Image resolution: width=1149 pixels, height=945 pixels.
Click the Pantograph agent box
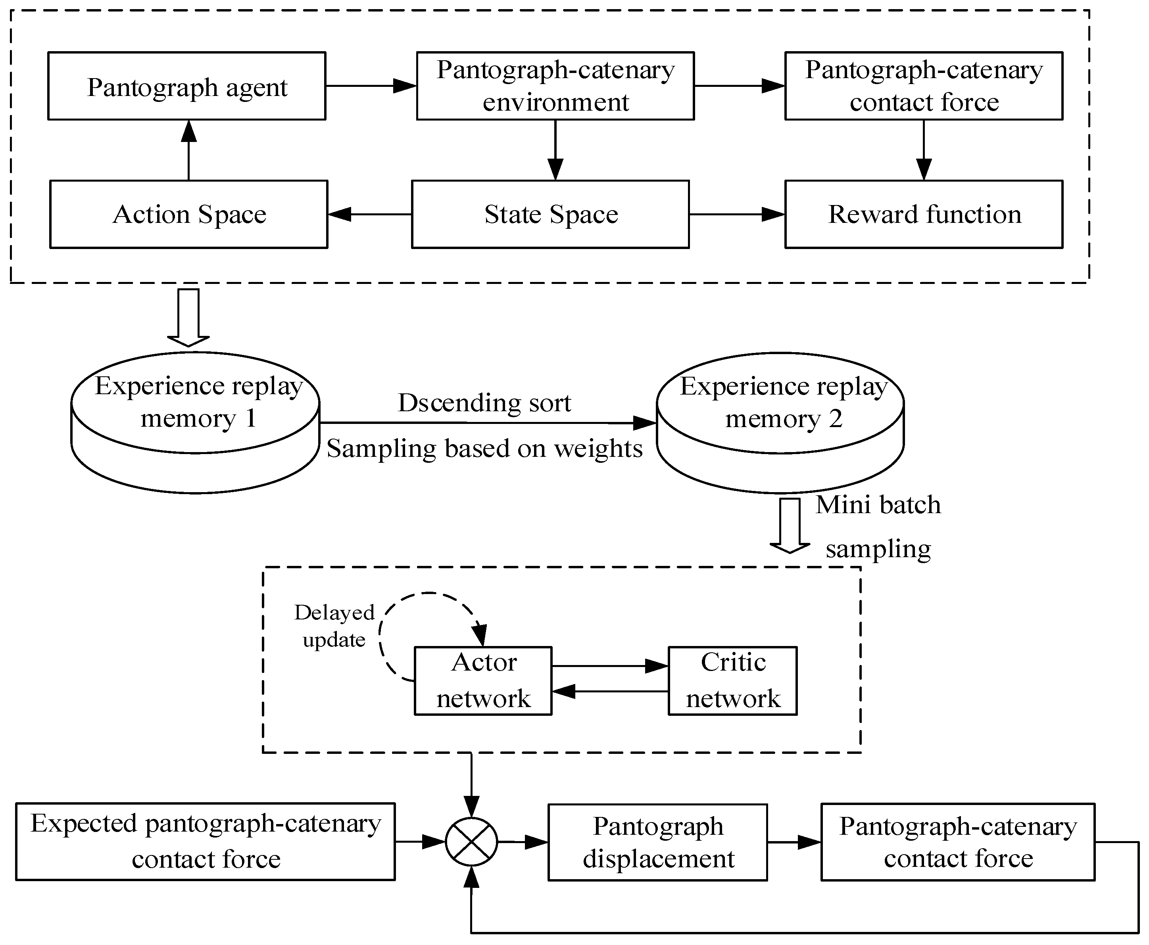(x=187, y=86)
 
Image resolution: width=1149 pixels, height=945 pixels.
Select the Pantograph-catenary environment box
(x=555, y=86)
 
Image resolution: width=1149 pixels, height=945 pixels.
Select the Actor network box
(x=483, y=680)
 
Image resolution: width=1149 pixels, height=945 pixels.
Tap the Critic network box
(x=732, y=680)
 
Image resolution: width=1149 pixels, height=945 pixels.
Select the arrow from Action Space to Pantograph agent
(x=188, y=150)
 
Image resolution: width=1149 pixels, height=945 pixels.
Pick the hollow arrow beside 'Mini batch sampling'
(x=790, y=525)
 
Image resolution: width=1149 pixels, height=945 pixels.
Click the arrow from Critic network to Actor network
(x=610, y=691)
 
